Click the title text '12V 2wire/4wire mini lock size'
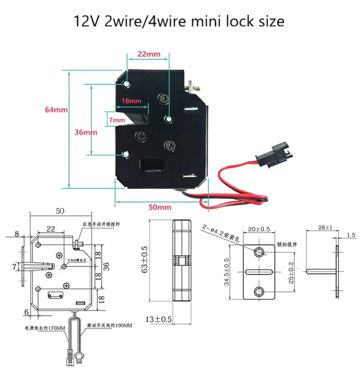point(179,21)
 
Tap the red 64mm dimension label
point(56,109)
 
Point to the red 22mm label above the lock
point(149,54)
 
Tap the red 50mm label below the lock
point(159,207)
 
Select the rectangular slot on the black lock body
point(152,166)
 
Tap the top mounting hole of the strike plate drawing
point(260,253)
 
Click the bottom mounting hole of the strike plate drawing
point(260,291)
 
